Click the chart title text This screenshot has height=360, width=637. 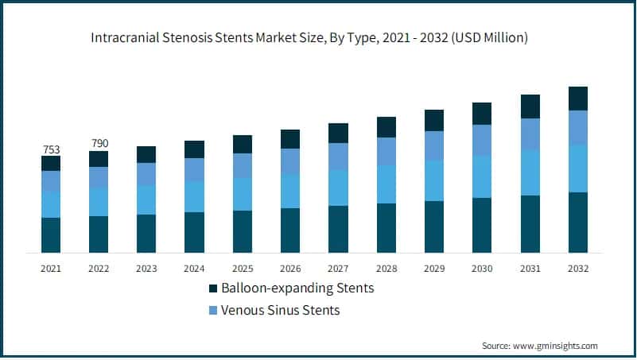point(318,37)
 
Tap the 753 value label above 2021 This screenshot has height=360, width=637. point(51,149)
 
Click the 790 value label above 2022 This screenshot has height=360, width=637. point(99,144)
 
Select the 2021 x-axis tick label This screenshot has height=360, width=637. point(51,269)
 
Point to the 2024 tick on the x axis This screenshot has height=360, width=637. point(194,269)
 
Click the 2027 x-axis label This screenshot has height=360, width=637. point(338,269)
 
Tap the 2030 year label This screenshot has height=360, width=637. point(481,269)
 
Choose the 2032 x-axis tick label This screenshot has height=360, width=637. point(577,269)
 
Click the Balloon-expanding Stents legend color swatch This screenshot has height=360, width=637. point(213,288)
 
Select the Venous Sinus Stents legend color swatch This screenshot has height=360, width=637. point(213,311)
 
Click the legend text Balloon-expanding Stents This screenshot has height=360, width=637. point(298,288)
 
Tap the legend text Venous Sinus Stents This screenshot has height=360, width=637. point(281,311)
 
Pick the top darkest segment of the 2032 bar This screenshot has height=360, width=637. point(578,99)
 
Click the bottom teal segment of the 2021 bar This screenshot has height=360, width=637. point(51,235)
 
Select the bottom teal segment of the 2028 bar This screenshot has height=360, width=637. point(386,228)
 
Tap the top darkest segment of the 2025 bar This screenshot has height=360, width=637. point(243,144)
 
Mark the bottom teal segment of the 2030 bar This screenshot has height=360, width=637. point(482,225)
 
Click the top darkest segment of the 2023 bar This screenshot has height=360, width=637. point(146,154)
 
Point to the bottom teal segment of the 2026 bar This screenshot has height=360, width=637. point(290,230)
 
